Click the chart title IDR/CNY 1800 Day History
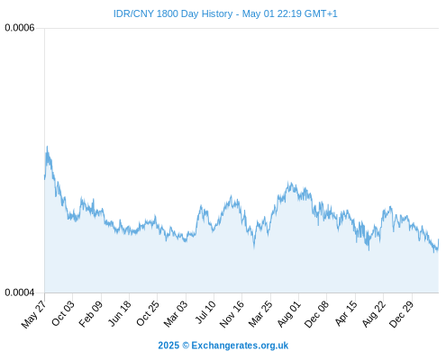click(x=173, y=13)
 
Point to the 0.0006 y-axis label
click(x=20, y=28)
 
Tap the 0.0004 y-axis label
click(x=20, y=292)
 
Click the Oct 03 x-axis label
click(x=63, y=313)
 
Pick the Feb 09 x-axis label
click(x=91, y=313)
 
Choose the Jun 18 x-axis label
click(x=120, y=313)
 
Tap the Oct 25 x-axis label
click(x=148, y=313)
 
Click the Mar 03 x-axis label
click(x=176, y=313)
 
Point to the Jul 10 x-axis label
click(x=205, y=312)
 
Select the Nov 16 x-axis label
click(x=232, y=314)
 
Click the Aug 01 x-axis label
click(x=288, y=313)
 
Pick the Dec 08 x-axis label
click(x=316, y=314)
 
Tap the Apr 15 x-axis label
click(x=346, y=313)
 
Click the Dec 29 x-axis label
click(x=402, y=314)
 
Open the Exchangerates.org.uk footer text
click(x=240, y=346)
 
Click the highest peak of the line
click(x=47, y=147)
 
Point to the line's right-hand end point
click(x=439, y=239)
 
